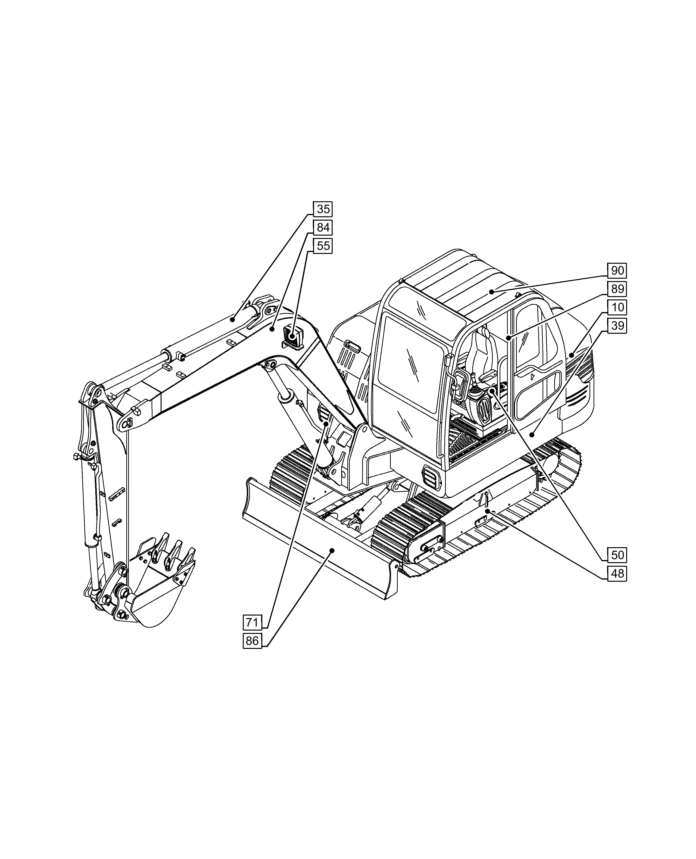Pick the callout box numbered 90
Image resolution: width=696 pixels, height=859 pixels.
tap(617, 271)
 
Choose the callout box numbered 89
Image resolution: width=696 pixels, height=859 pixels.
tap(617, 289)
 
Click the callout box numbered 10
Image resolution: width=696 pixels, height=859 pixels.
tap(617, 308)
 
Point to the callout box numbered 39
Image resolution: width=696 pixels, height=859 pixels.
tap(617, 325)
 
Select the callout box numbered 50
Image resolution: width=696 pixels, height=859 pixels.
tap(617, 555)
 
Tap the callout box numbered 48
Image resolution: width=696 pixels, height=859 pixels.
tap(617, 574)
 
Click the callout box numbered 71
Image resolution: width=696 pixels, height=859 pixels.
tap(252, 622)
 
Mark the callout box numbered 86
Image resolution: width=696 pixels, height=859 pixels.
tap(252, 641)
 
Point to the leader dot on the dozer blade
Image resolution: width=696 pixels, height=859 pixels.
tap(332, 551)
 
